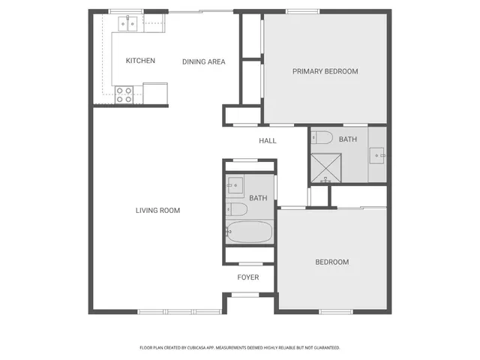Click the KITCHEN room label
click(x=140, y=61)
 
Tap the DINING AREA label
click(x=203, y=61)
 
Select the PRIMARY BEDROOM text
click(x=325, y=71)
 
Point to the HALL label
click(x=267, y=141)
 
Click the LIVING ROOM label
click(x=157, y=211)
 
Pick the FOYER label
click(x=247, y=277)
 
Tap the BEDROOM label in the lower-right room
click(x=331, y=262)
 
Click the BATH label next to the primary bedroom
click(x=348, y=139)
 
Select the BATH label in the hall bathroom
click(x=258, y=198)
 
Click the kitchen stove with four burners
click(x=124, y=94)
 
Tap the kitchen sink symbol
click(x=125, y=23)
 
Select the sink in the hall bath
click(x=235, y=184)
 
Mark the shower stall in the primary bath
click(x=326, y=168)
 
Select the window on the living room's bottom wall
click(x=166, y=312)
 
